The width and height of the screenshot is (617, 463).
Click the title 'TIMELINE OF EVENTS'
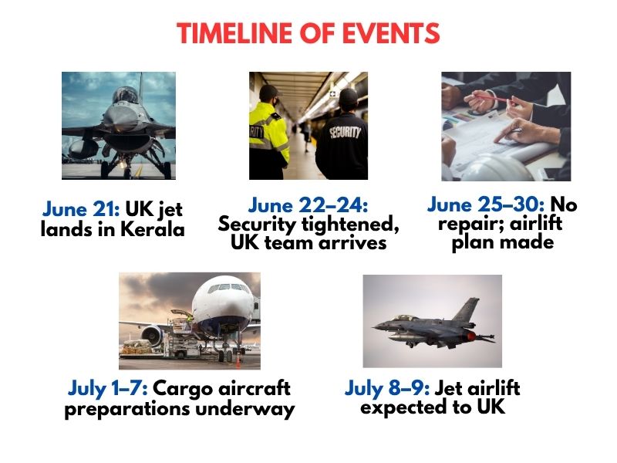[x=308, y=33]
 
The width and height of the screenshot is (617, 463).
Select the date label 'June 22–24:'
[x=308, y=205]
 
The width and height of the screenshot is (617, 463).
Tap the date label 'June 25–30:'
[x=486, y=205]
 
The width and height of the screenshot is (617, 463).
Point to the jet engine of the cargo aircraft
[x=151, y=335]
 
